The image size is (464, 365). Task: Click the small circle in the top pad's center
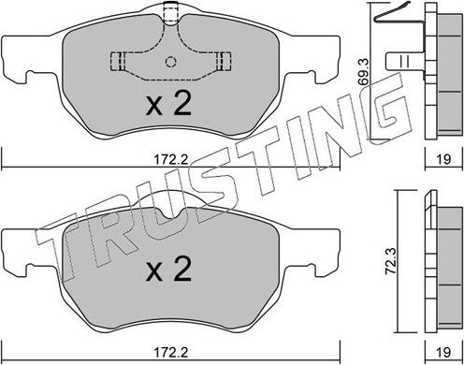click(170, 63)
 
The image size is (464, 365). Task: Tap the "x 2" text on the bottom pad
click(170, 272)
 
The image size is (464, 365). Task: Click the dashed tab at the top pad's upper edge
click(170, 14)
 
